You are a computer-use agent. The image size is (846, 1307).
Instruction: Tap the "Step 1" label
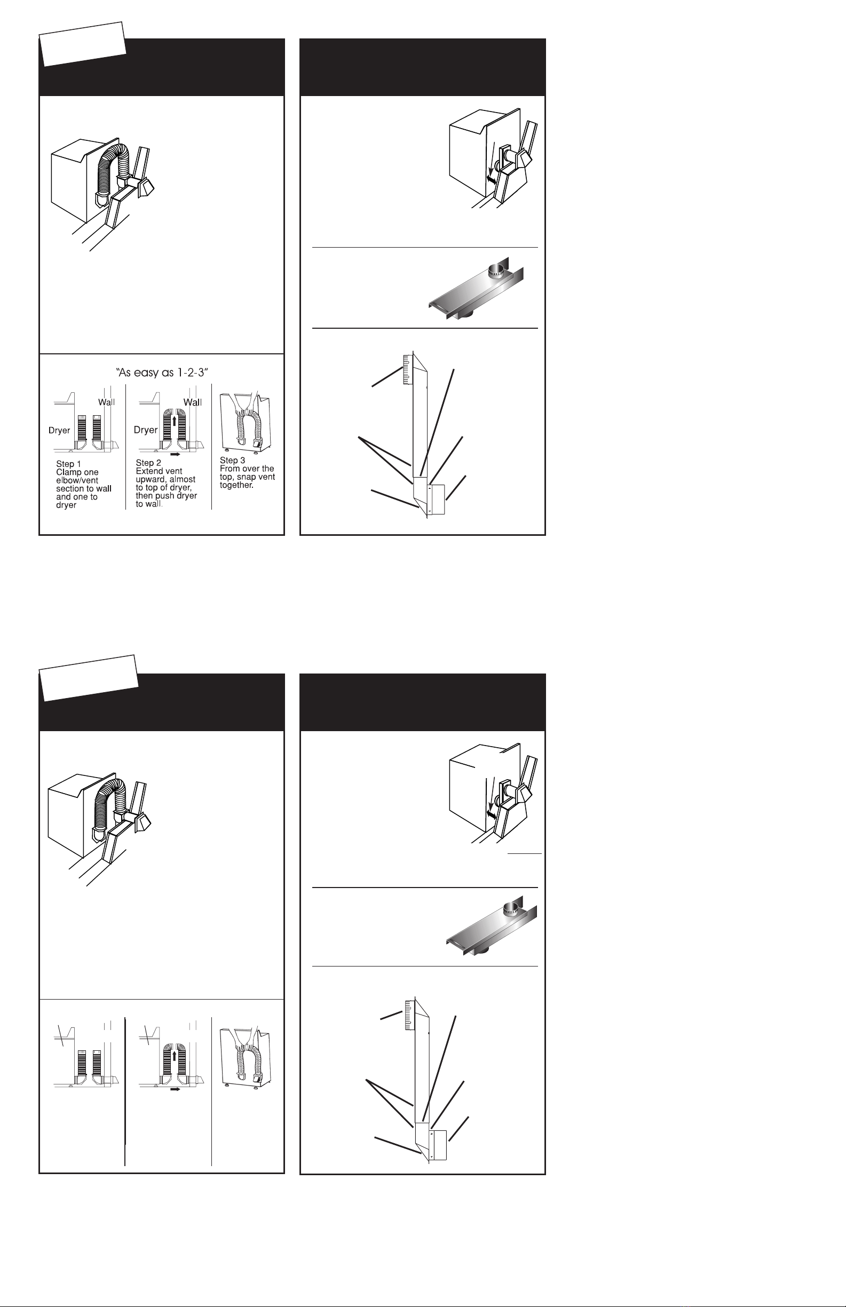[69, 464]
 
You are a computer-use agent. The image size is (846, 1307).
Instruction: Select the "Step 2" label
[148, 463]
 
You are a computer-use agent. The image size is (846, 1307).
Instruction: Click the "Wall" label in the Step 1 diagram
[107, 402]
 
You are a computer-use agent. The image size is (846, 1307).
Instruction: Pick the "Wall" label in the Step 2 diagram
[192, 402]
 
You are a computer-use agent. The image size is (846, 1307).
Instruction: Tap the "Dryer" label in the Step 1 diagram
[59, 431]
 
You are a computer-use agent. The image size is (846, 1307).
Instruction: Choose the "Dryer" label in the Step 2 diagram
[146, 430]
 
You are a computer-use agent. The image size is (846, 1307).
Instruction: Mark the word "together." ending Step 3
[236, 485]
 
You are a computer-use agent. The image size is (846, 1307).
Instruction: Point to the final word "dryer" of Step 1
[67, 505]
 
